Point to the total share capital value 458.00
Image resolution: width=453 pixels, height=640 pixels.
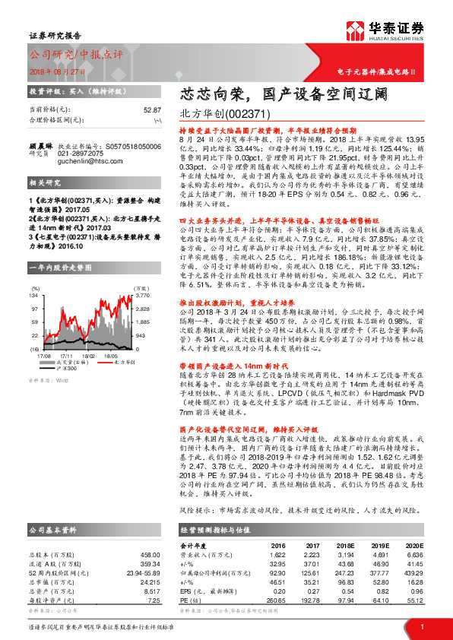tap(151, 534)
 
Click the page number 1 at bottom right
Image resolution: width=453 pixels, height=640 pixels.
tap(421, 626)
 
